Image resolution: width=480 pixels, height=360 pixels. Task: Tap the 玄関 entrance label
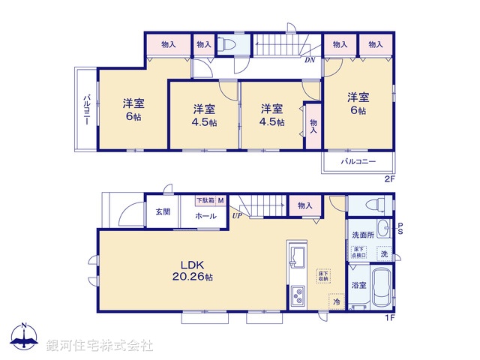click(163, 212)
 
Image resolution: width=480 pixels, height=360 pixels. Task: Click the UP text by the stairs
click(237, 215)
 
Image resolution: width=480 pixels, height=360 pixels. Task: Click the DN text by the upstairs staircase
click(309, 60)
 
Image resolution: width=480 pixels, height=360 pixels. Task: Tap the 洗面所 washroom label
click(363, 235)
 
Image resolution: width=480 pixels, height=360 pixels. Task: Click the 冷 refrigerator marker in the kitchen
click(337, 301)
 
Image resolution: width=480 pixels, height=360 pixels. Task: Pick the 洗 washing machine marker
click(384, 253)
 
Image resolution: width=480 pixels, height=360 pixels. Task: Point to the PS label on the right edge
click(400, 229)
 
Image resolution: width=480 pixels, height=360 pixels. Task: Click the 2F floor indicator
click(389, 178)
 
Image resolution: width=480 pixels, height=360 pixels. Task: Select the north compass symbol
click(24, 339)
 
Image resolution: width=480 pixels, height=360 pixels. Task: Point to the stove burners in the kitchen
click(295, 296)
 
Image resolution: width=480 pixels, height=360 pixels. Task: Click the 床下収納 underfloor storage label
click(322, 277)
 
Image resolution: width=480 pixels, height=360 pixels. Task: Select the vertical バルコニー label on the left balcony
click(87, 109)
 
